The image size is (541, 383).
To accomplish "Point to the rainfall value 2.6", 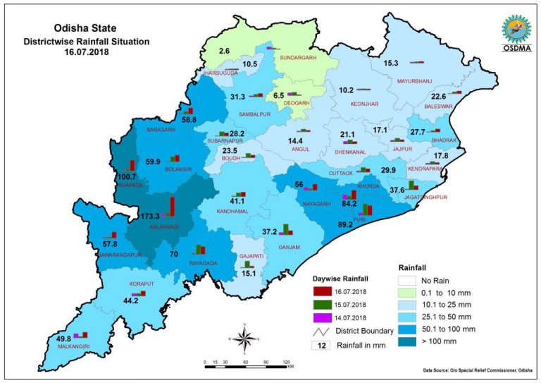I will [x=224, y=51].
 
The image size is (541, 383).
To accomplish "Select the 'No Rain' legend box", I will [x=406, y=281].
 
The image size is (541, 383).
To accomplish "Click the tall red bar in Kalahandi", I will [x=171, y=206].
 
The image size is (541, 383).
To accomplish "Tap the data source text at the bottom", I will [x=474, y=370].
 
